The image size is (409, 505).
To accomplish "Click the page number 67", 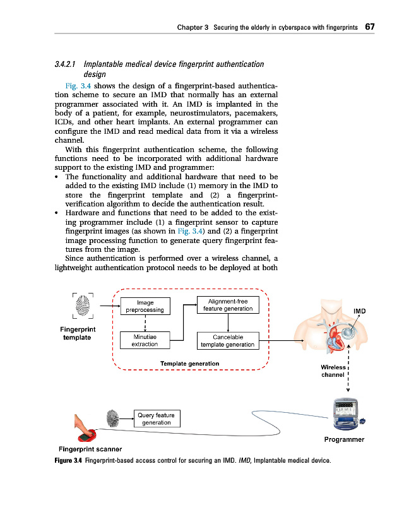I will point(370,28).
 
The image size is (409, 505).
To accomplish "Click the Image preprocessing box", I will point(145,306).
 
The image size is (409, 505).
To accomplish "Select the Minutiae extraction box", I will point(145,341).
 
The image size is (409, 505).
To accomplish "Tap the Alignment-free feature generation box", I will point(227,304).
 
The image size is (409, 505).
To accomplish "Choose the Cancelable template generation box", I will point(227,341).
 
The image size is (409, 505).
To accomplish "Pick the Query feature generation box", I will point(157,419).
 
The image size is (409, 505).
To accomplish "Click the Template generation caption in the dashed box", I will point(190,364).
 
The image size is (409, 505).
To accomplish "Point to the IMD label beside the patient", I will point(360,311).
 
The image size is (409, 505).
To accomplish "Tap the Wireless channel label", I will point(333,371).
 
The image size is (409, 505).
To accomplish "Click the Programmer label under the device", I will point(343,439).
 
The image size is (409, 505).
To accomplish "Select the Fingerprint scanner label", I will point(90,449).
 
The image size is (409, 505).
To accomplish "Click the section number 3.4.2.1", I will point(65,64).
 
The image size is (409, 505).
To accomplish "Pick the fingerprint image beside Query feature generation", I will point(114,419).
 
